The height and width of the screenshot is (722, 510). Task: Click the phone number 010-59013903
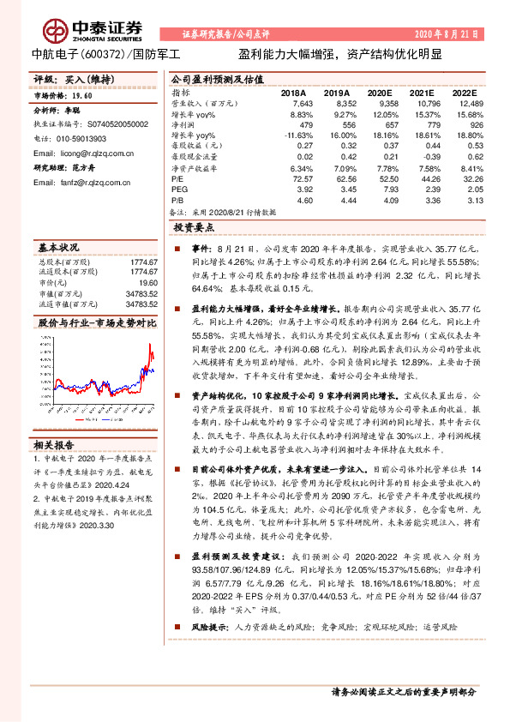coord(76,137)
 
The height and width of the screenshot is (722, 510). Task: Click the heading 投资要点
coord(195,228)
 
